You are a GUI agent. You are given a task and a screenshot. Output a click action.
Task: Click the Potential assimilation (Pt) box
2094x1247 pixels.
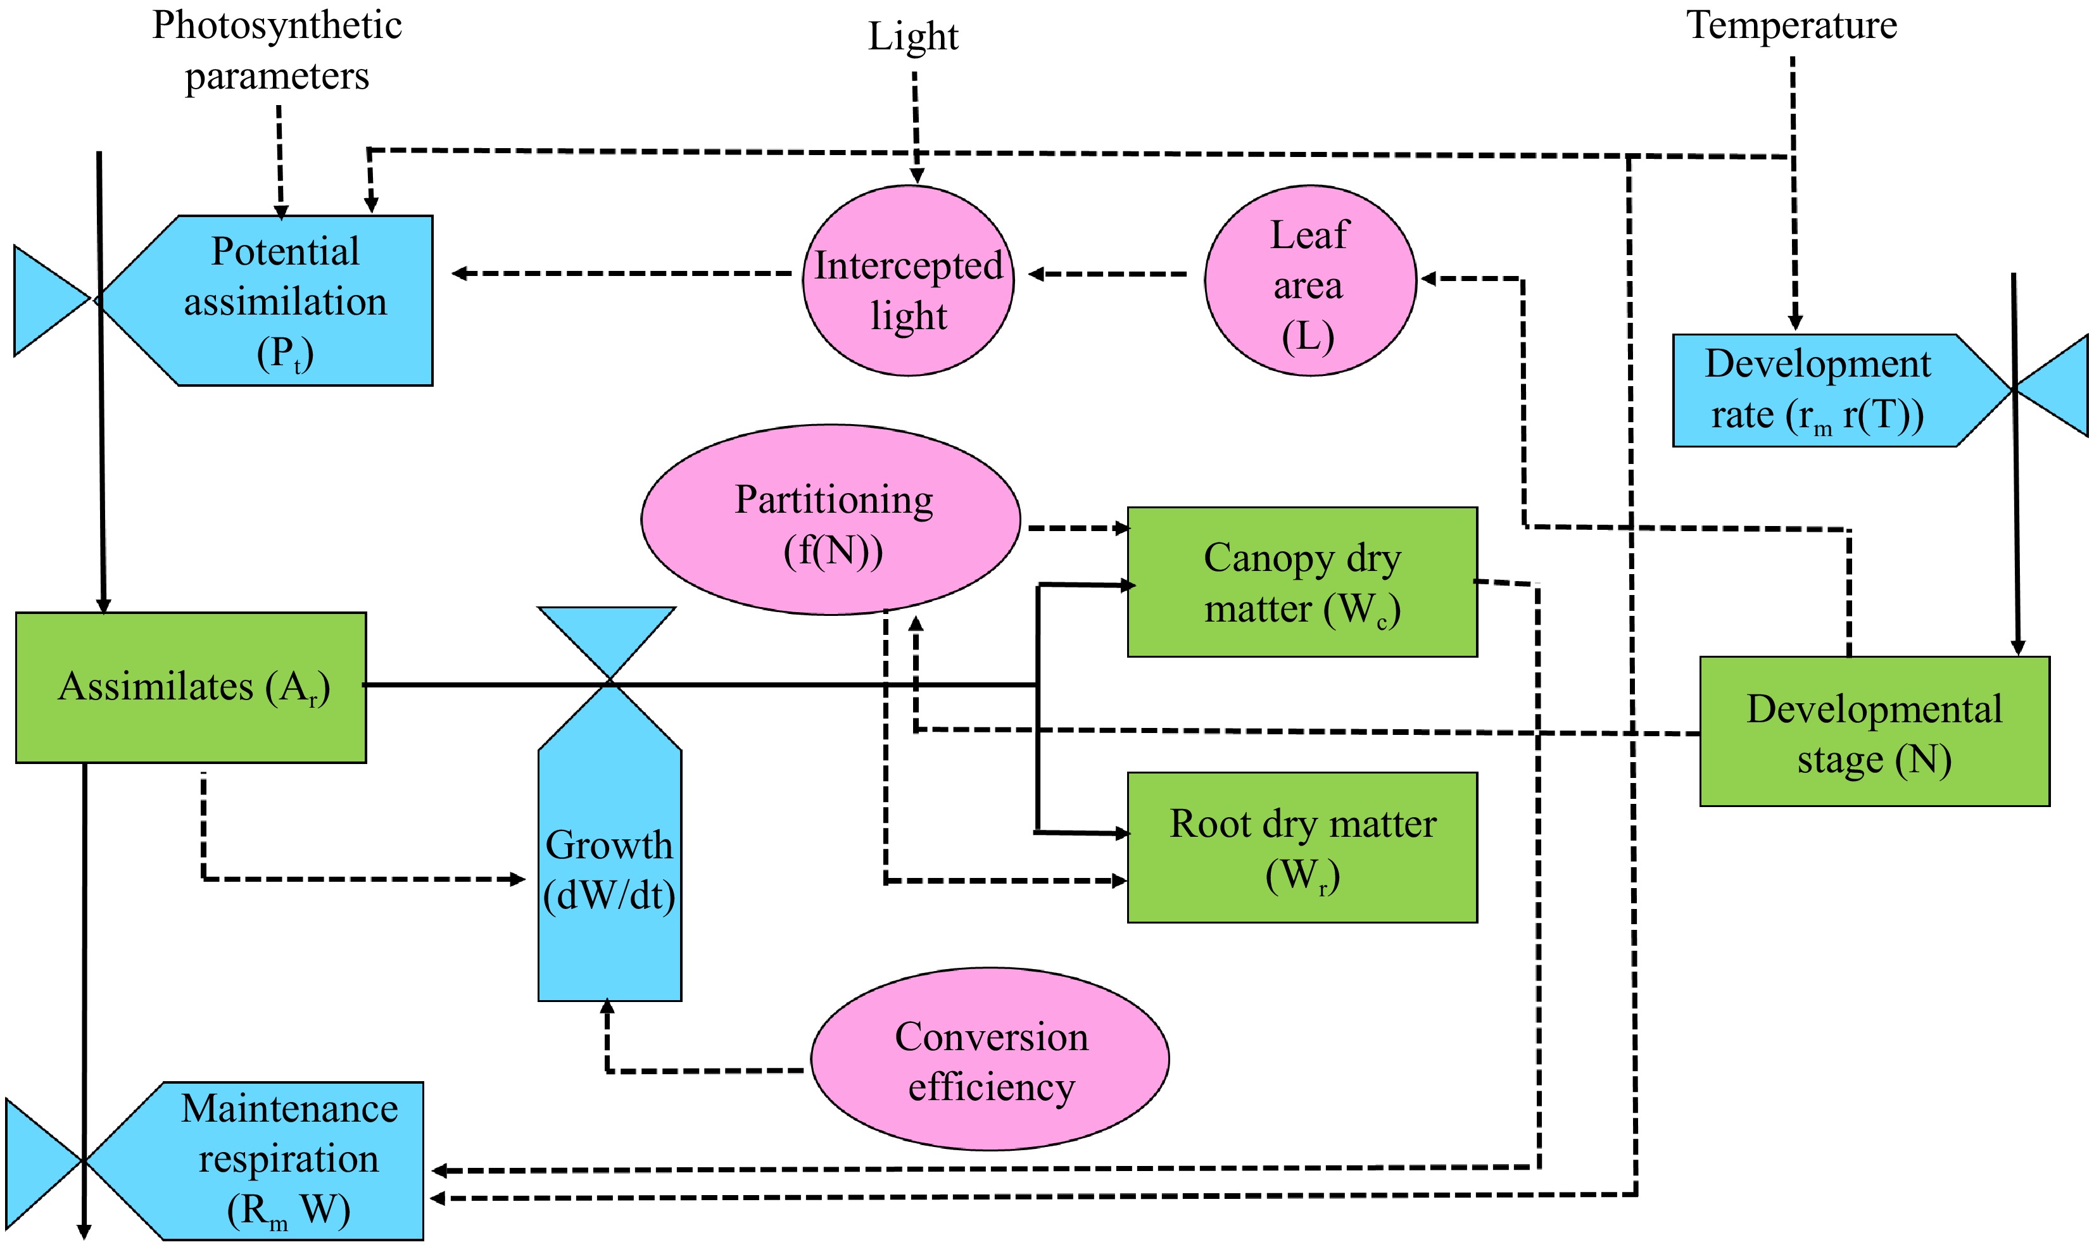pos(286,301)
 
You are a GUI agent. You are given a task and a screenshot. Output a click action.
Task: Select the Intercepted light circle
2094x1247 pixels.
pos(909,282)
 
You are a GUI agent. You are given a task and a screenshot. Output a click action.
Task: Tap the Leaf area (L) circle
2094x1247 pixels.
pos(1309,282)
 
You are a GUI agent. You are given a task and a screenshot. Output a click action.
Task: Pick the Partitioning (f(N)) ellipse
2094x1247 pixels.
pos(832,521)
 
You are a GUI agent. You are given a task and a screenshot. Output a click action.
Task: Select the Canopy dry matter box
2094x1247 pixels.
pos(1302,582)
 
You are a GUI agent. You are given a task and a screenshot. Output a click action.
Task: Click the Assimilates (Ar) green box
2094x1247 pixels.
pos(192,688)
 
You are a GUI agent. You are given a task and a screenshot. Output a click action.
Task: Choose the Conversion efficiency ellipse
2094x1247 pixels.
pos(990,1060)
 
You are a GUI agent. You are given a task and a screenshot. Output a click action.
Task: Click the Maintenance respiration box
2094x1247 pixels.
pos(286,1160)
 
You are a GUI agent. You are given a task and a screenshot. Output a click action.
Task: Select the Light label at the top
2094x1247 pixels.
pos(912,37)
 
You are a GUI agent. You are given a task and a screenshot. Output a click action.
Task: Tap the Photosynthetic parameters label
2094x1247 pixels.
pos(277,51)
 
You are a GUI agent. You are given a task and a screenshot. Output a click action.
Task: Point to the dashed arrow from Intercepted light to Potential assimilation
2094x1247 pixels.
pos(622,273)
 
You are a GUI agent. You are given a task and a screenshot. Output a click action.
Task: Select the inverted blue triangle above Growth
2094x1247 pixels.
pos(607,634)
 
